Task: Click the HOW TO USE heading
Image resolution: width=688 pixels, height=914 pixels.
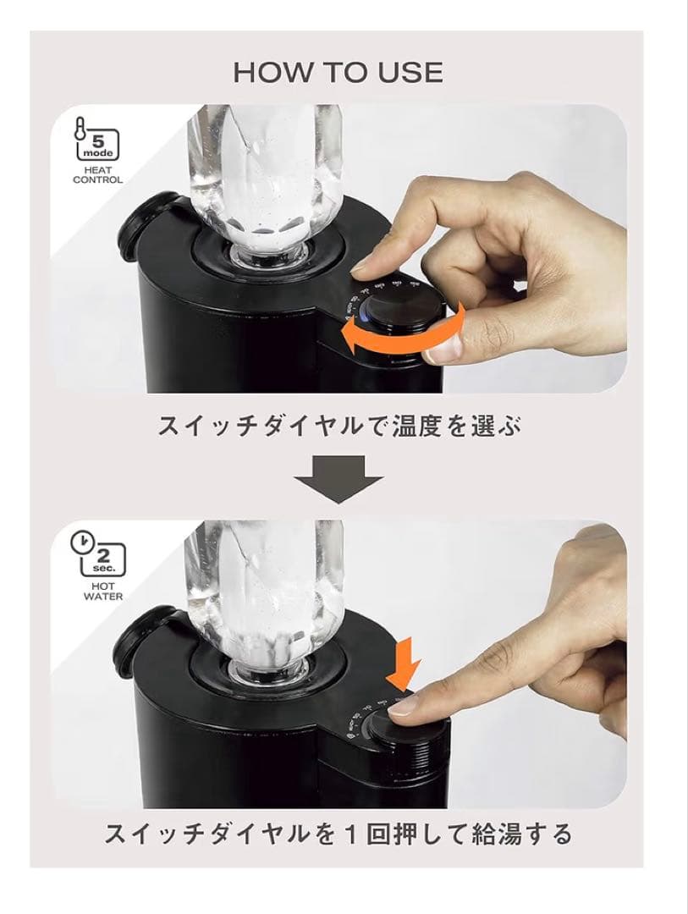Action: [x=338, y=73]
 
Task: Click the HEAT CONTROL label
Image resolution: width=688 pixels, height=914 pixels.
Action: [x=97, y=174]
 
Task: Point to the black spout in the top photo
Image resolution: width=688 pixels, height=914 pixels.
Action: [x=149, y=225]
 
